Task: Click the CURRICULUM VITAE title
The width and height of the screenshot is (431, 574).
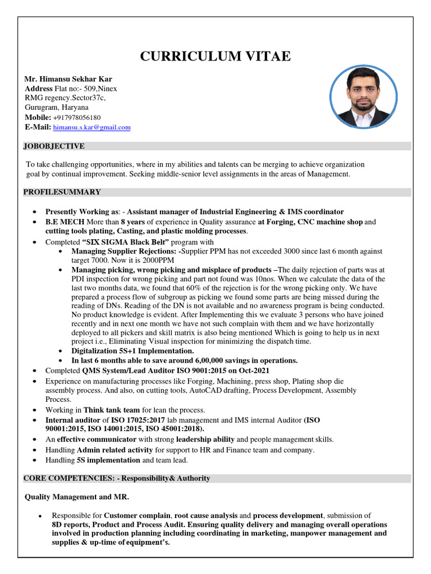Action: click(x=215, y=57)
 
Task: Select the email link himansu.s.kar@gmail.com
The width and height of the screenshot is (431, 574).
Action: click(x=92, y=127)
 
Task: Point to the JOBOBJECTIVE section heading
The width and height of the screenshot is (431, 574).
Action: click(x=54, y=146)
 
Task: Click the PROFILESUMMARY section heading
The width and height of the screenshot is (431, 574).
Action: click(x=62, y=192)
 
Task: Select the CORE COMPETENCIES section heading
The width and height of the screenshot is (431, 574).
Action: click(x=117, y=478)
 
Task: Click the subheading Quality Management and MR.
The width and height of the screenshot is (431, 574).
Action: click(x=77, y=497)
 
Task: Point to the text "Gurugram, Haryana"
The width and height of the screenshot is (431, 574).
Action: click(x=56, y=108)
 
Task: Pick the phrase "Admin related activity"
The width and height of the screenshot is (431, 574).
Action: click(x=114, y=450)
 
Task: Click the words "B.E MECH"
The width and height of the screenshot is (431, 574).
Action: click(x=65, y=221)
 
